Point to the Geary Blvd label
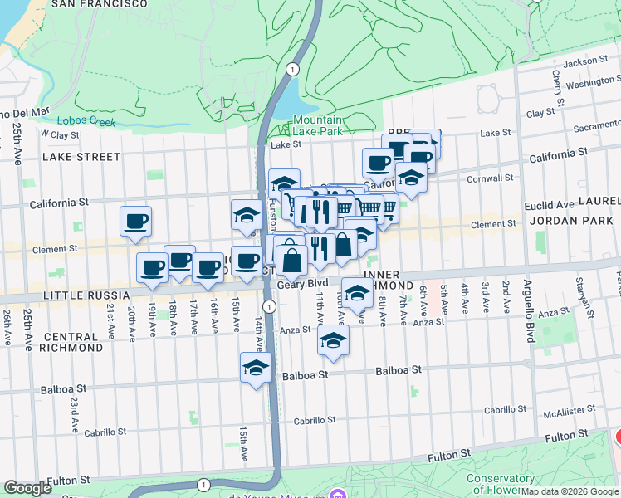pos(303,284)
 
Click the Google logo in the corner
pos(27,488)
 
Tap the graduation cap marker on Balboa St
pos(256,369)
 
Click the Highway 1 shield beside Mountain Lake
pos(290,68)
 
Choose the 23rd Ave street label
pos(74,410)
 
